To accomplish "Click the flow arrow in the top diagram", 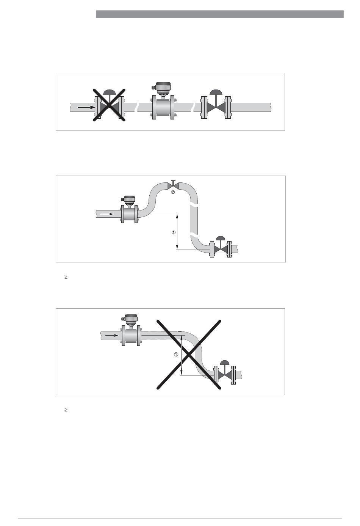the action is [x=86, y=107].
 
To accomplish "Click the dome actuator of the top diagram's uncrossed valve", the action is [x=216, y=92].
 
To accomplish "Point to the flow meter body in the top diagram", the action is [x=163, y=107].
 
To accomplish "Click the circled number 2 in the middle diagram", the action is [x=173, y=192].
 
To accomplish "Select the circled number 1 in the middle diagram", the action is [x=174, y=232].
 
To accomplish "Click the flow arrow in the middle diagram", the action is [x=107, y=214].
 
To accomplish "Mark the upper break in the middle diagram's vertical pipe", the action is [x=194, y=206].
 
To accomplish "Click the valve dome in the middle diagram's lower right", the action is [x=221, y=238].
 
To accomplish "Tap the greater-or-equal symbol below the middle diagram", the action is [x=66, y=277].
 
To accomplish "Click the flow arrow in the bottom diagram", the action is [x=112, y=336].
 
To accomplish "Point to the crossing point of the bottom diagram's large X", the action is [x=189, y=355].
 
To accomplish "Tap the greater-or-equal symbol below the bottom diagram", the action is [x=66, y=410].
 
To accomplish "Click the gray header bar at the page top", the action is [x=220, y=14].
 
